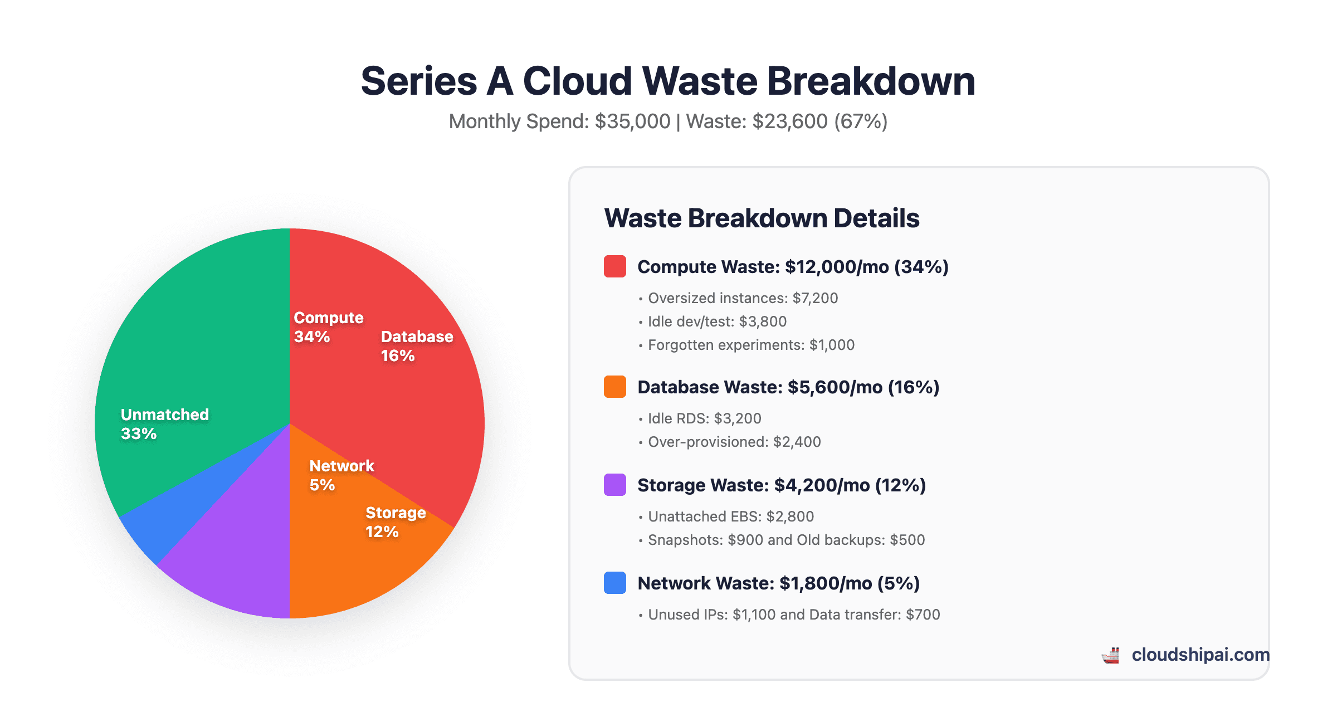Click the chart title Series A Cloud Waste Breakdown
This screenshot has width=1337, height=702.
pos(668,81)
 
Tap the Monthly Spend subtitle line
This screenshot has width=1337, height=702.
pos(668,121)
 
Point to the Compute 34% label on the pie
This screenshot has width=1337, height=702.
pos(328,327)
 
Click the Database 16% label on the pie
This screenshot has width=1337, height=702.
pos(417,346)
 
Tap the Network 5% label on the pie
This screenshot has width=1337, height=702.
pos(341,475)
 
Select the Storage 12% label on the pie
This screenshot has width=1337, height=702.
pos(396,522)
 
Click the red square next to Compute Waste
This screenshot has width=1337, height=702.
pos(615,266)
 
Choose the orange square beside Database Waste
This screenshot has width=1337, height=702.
pos(615,387)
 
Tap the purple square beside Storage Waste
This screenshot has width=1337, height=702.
pos(615,485)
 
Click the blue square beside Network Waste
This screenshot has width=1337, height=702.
pos(615,583)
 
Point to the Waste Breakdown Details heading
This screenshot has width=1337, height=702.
pos(762,218)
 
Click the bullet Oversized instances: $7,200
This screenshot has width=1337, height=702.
pos(742,298)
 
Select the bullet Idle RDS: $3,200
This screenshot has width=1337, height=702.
pos(704,418)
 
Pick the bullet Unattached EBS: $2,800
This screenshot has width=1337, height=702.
pos(730,516)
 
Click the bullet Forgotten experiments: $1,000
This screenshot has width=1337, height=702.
pos(750,345)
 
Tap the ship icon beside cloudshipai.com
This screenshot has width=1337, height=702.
pos(1111,655)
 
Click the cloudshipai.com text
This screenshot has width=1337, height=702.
pos(1200,655)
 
